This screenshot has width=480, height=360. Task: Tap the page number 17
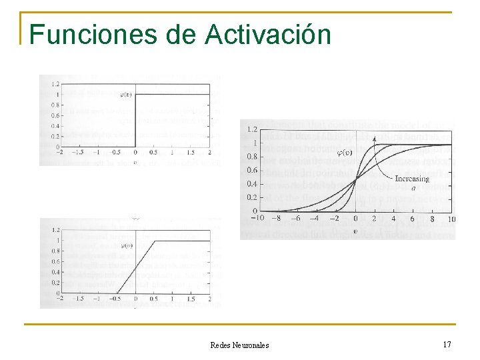coord(447,345)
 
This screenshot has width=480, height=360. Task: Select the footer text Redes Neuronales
coord(239,345)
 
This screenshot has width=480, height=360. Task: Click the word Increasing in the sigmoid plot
coord(412,179)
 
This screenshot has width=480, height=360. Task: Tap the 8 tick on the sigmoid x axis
coord(431,219)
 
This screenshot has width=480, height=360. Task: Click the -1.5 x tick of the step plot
coord(79,152)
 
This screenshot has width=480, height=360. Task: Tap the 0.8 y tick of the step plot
coord(55,105)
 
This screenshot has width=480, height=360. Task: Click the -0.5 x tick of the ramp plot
coord(116,299)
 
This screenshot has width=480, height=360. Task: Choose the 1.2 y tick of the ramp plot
coord(55,230)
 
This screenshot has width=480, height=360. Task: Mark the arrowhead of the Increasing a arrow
coord(375,137)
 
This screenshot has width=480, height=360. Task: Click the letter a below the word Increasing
coord(413,189)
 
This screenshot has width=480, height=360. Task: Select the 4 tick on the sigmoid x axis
coord(393,219)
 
